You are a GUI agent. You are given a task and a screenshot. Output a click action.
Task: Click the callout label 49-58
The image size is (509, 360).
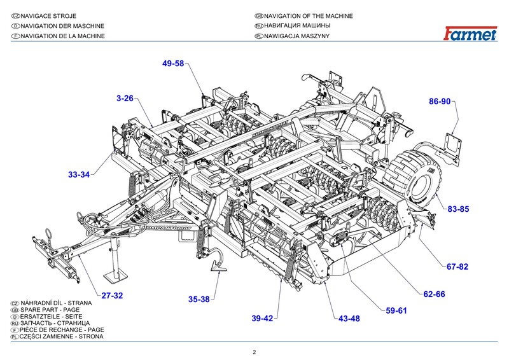coord(173,64)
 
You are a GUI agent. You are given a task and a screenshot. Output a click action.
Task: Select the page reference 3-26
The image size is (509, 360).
coord(125,99)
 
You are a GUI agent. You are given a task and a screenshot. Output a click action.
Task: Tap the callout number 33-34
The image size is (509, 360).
coord(79,174)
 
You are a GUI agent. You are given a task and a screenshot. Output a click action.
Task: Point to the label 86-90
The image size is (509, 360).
coord(440,102)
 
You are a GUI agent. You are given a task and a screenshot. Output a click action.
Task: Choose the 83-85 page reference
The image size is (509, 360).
coord(457,209)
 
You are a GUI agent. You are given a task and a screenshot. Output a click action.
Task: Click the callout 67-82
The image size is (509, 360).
coord(457,267)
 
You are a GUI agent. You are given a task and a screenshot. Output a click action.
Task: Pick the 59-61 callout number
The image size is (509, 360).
coord(396,310)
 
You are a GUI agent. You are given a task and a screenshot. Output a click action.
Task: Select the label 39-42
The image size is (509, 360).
coord(262,318)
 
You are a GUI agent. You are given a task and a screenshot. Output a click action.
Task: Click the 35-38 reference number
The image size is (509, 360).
coord(199,298)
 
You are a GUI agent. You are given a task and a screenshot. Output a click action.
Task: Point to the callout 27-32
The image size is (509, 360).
coord(112,295)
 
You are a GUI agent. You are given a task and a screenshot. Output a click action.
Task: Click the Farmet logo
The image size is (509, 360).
coord(470,35)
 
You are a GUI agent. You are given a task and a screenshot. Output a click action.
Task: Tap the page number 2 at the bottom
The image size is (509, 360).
coord(254,352)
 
